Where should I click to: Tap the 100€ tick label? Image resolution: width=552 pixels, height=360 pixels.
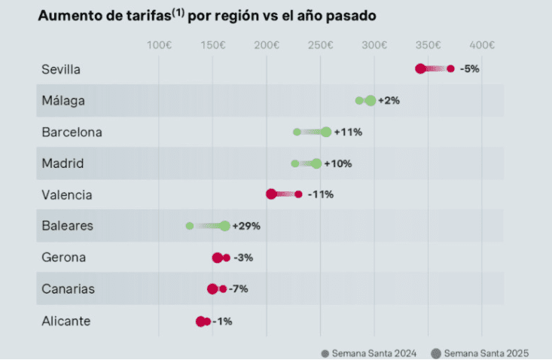point(159,45)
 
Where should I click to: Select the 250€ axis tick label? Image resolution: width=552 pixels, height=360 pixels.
point(320,45)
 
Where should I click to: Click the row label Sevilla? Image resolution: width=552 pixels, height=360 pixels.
point(61,69)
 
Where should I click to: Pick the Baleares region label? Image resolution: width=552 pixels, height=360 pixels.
point(66,225)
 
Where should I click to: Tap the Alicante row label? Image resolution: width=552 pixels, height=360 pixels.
point(66,321)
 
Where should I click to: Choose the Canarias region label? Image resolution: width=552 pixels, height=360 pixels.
point(68,288)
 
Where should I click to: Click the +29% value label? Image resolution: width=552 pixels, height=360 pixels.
point(246,226)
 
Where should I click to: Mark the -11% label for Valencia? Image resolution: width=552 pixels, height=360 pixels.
point(320,194)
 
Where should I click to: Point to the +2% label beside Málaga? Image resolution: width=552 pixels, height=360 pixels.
point(389,100)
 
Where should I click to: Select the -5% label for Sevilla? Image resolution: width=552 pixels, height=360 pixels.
point(469,69)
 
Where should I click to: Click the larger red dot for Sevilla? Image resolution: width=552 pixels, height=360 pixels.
point(420,69)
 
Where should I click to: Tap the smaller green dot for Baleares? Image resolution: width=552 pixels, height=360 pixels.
point(190,226)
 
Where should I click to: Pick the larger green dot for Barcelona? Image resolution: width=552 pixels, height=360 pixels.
point(326,132)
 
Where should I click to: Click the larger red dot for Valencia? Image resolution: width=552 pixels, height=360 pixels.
point(271,194)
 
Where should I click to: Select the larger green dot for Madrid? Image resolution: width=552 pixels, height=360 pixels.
point(316,163)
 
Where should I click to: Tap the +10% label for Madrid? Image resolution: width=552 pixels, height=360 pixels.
point(338,163)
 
